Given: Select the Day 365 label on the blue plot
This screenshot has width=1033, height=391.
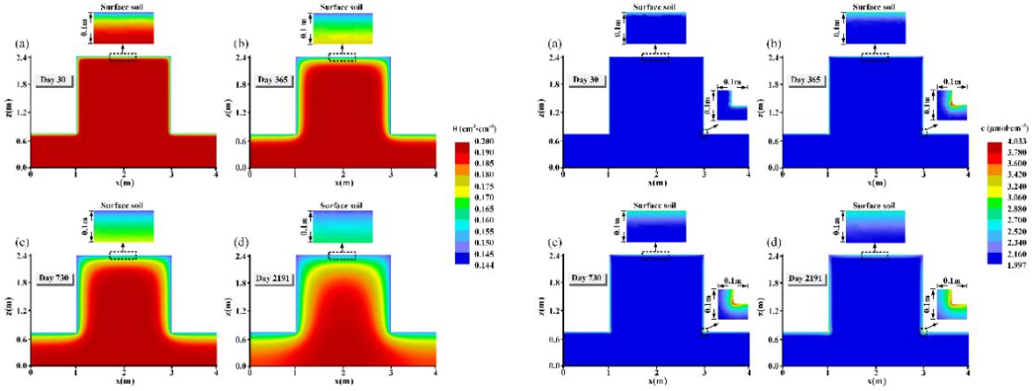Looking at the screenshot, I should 805,81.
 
